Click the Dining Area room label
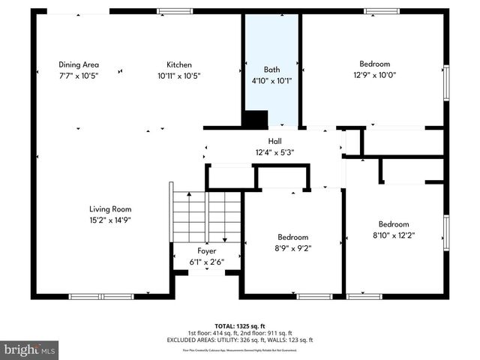coord(79,64)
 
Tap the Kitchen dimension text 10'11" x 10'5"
coord(178,76)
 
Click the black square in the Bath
coord(256,119)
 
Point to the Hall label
coord(274,141)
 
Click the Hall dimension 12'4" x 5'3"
coord(274,152)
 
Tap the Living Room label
coord(110,209)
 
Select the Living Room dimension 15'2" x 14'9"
coord(110,220)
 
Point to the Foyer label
coord(207,251)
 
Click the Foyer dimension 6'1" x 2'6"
coord(207,262)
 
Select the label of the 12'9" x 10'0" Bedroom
coord(373,64)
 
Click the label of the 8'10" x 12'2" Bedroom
coord(393,224)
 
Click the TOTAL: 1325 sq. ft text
coord(240,326)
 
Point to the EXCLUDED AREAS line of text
coord(240,340)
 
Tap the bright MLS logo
coord(30,349)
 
